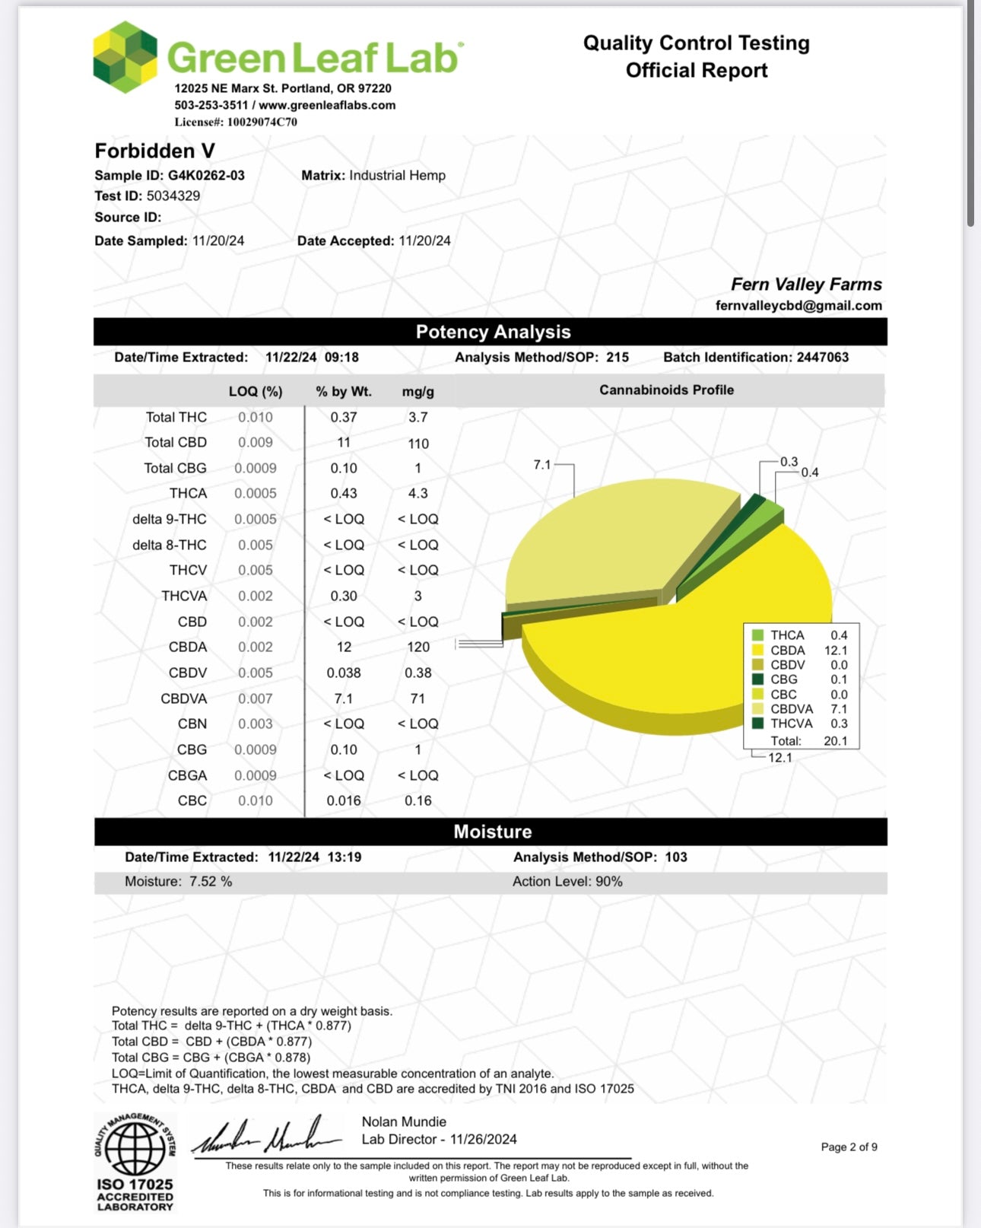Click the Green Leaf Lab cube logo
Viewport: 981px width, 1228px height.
point(125,57)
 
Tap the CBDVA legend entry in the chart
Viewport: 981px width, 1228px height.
point(791,709)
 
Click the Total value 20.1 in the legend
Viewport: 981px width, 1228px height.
point(835,741)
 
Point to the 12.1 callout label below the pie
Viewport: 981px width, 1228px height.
point(780,758)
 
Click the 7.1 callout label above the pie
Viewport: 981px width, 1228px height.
point(541,464)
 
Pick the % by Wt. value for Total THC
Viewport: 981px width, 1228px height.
point(344,418)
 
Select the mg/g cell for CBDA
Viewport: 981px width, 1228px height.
point(418,647)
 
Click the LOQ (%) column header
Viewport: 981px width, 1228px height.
point(256,392)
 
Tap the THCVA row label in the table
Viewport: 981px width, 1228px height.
point(184,597)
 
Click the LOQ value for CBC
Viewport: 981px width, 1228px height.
point(256,801)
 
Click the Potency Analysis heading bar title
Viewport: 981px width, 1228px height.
point(493,332)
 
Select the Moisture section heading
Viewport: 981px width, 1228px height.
point(493,832)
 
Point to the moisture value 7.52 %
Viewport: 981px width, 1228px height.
point(211,882)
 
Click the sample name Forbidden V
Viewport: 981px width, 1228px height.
point(155,151)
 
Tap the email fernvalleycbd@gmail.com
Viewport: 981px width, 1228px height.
point(798,306)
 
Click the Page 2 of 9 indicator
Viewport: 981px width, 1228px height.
point(849,1147)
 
